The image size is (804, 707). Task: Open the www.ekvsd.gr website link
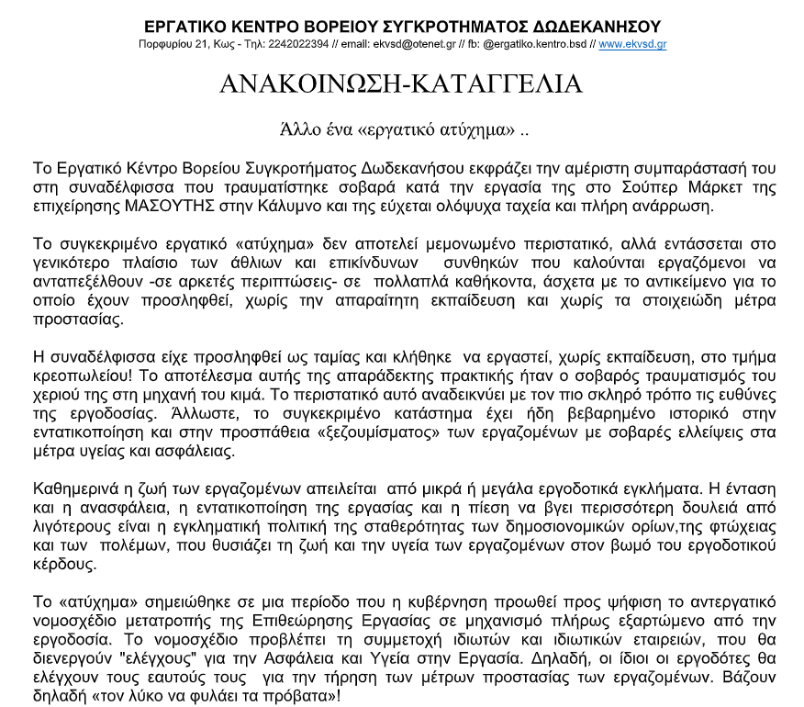[x=632, y=44]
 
